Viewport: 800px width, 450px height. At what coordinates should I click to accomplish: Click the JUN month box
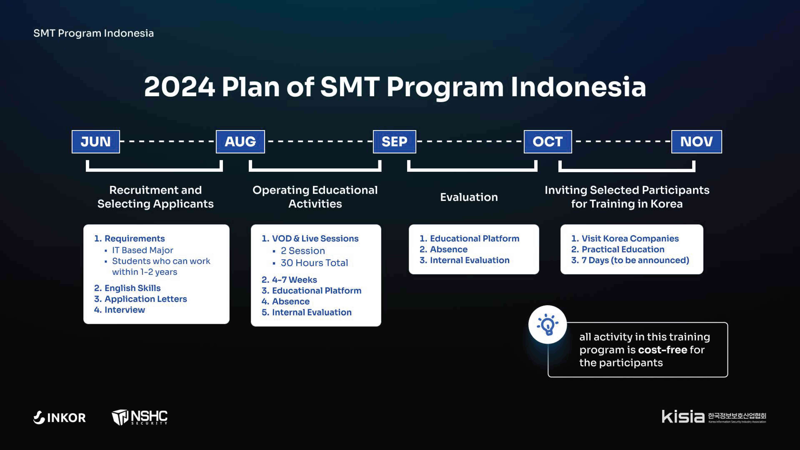coord(96,142)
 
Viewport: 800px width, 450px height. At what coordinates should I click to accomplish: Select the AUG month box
coord(240,142)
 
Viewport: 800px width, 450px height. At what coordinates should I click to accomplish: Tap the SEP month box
coord(394,142)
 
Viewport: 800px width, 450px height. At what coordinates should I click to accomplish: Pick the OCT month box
coord(548,142)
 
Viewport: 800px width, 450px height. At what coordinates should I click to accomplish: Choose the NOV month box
coord(697,142)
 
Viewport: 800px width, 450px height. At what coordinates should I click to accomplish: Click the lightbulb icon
coord(547,324)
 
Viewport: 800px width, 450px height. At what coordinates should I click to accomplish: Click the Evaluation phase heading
coord(469,197)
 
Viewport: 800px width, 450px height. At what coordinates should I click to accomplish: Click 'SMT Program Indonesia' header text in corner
coord(94,33)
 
